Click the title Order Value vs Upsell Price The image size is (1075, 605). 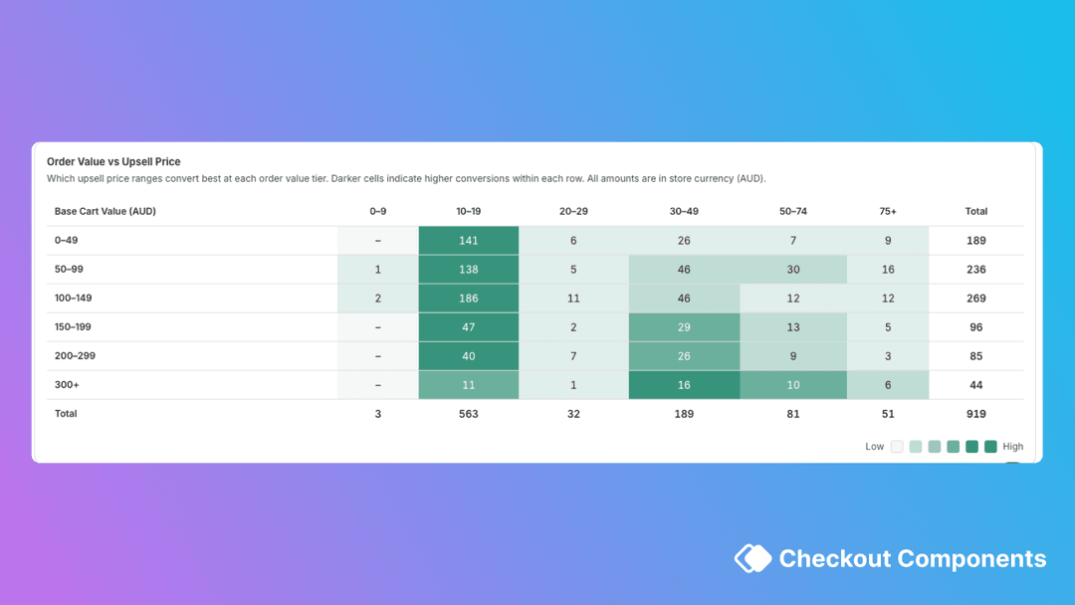[x=113, y=161]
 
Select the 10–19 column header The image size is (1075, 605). [x=468, y=211]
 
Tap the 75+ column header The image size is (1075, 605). [x=887, y=211]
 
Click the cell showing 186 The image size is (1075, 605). [x=468, y=299]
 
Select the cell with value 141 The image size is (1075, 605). [x=468, y=241]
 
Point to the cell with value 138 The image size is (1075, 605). [x=468, y=270]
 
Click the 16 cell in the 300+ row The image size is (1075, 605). [x=684, y=385]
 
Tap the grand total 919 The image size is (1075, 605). [x=975, y=414]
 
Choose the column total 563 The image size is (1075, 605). [x=468, y=414]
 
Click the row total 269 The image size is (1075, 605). [x=975, y=299]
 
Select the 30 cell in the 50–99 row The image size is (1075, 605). [x=792, y=270]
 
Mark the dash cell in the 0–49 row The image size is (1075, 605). [x=377, y=241]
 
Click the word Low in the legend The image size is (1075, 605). [x=874, y=447]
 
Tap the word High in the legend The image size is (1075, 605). [x=1012, y=447]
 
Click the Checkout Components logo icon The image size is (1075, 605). [x=752, y=558]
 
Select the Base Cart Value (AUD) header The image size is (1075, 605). [x=105, y=211]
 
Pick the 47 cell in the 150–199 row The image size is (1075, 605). [x=468, y=327]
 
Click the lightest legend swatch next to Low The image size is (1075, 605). [x=897, y=447]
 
